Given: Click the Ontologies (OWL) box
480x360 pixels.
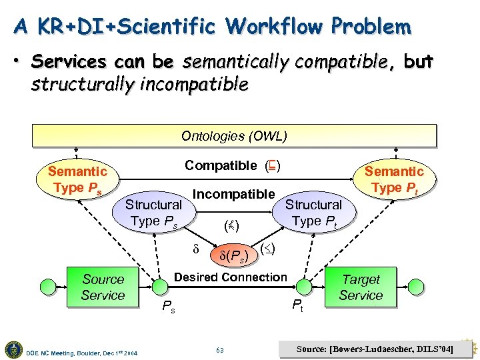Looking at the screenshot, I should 234,136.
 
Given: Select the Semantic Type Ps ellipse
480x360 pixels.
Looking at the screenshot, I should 77,180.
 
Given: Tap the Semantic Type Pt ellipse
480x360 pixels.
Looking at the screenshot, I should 393,180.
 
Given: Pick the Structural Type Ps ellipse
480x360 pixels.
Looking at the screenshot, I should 154,213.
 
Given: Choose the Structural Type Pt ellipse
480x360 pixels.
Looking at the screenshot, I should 313,213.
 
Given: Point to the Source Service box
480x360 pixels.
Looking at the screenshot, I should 103,287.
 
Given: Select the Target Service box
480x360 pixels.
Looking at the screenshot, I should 361,287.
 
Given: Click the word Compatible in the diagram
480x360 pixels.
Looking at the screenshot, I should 221,165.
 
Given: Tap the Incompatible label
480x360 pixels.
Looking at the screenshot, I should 233,194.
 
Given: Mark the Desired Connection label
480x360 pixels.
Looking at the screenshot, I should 230,277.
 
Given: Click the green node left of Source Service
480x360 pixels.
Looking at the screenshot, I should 49,287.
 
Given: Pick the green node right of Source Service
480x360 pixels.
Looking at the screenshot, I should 159,287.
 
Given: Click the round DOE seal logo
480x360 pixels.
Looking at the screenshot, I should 13,349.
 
